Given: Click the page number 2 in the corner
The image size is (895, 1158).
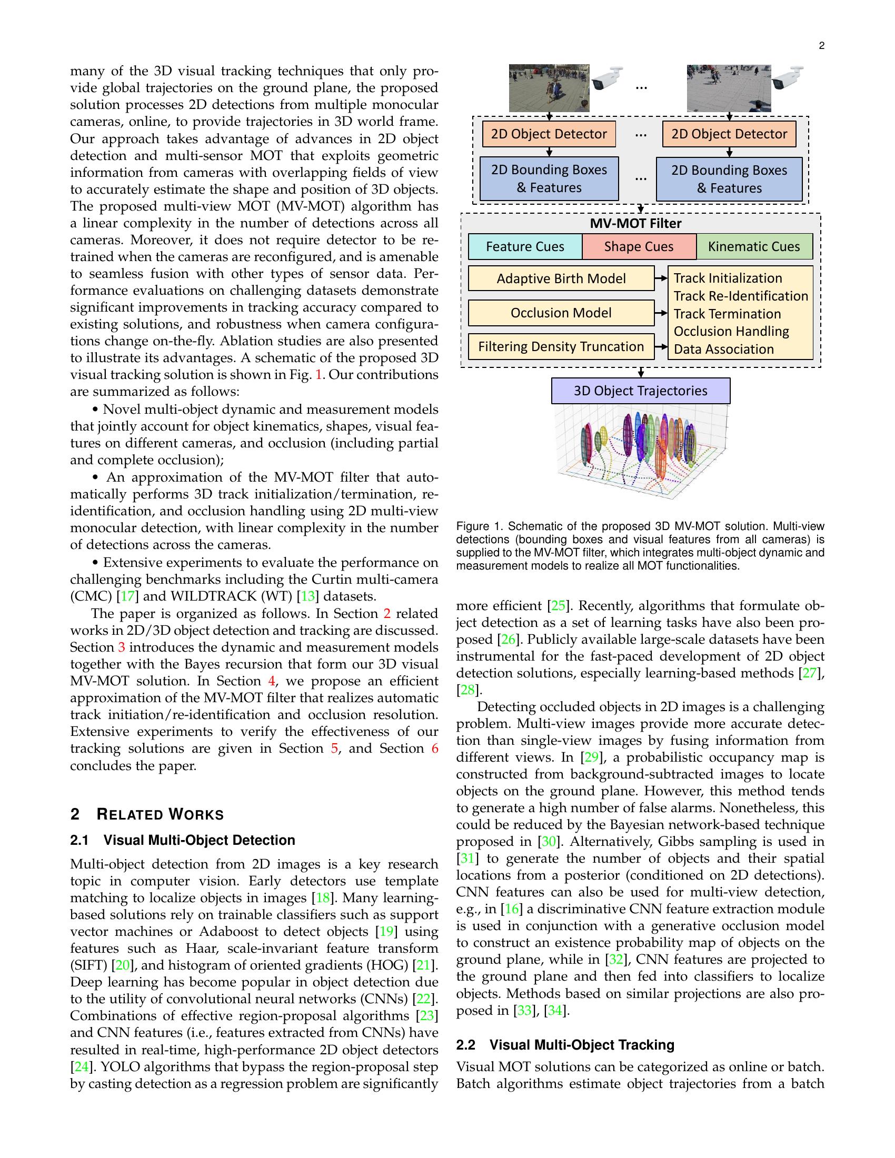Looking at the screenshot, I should pyautogui.click(x=821, y=46).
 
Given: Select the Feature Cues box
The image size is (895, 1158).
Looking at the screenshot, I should pyautogui.click(x=525, y=246).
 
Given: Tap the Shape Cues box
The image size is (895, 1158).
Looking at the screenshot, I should pyautogui.click(x=639, y=246).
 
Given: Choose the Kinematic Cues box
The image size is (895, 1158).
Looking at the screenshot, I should pyautogui.click(x=753, y=246).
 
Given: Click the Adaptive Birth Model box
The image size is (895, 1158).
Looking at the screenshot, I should pyautogui.click(x=561, y=279).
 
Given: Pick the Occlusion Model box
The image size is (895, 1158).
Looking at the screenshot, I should pyautogui.click(x=561, y=313).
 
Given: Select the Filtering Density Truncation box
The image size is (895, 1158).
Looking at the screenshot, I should pyautogui.click(x=561, y=347).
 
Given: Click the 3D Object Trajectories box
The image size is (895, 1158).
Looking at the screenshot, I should pyautogui.click(x=641, y=391).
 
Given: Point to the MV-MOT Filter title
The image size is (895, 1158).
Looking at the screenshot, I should pyautogui.click(x=635, y=224).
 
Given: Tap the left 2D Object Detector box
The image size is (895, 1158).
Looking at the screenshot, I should pyautogui.click(x=549, y=134).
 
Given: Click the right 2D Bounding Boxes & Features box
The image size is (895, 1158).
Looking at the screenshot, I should pyautogui.click(x=729, y=179).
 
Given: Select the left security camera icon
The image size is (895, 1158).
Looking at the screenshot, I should pyautogui.click(x=608, y=78).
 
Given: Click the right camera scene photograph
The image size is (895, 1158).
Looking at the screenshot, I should pyautogui.click(x=729, y=87).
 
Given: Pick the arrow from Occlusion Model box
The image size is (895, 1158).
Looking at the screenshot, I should pyautogui.click(x=661, y=313).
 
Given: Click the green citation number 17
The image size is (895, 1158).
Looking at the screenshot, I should pyautogui.click(x=128, y=596).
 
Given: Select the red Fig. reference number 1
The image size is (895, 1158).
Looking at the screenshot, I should pyautogui.click(x=319, y=375).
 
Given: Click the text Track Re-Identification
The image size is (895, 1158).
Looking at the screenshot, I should pyautogui.click(x=740, y=296).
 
